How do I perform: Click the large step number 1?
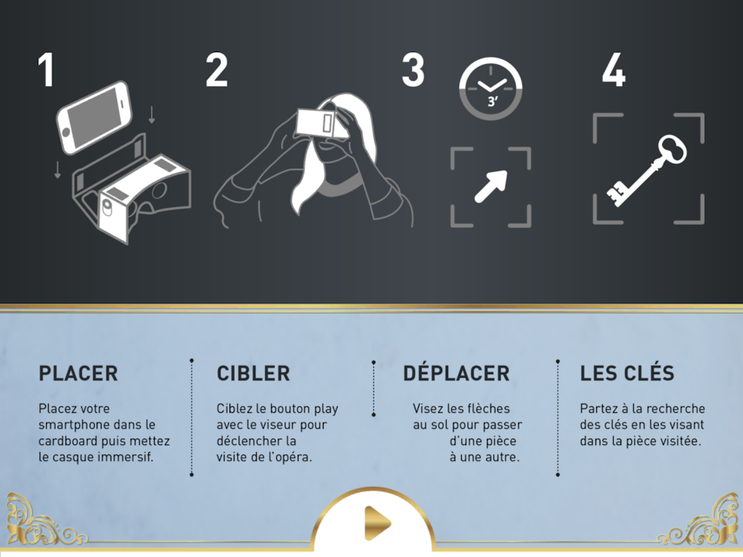[x=45, y=70]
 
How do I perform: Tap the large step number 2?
[x=216, y=70]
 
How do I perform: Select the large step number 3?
[x=413, y=70]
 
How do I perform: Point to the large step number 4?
[x=614, y=70]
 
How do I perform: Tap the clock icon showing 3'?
[x=490, y=88]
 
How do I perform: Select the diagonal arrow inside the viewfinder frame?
[x=491, y=187]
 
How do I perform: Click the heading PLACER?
[x=78, y=374]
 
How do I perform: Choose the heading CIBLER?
[x=253, y=374]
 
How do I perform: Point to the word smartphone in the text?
[x=74, y=425]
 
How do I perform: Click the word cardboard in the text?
[x=69, y=441]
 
